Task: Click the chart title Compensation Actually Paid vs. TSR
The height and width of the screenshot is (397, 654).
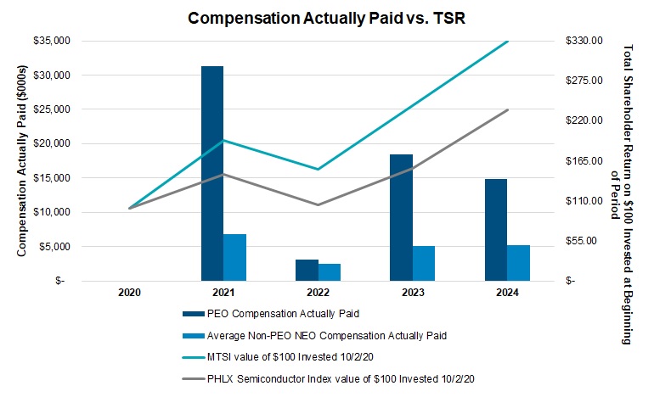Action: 327,17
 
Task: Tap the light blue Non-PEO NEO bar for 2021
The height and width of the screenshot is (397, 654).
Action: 235,257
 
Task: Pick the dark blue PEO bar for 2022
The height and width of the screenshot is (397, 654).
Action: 307,270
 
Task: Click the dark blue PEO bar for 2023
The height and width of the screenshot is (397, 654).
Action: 401,217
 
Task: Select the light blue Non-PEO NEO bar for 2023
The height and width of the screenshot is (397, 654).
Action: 424,263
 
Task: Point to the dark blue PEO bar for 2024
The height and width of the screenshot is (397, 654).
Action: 495,229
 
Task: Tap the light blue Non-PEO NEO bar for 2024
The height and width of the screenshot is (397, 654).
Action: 518,262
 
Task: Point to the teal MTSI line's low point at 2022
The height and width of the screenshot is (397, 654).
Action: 318,170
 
